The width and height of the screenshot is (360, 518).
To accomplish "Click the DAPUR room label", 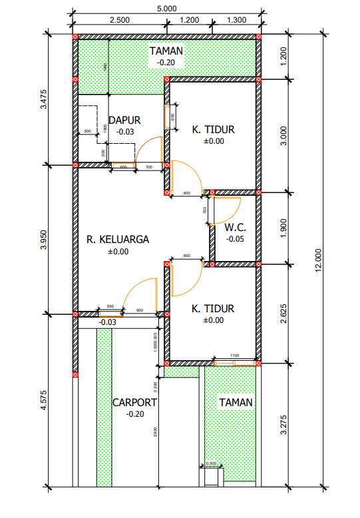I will point(124,121).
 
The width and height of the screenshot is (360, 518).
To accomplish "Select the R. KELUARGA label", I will point(118,239).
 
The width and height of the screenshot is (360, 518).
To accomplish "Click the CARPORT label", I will point(134,403).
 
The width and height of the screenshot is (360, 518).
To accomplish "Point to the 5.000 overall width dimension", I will point(166,8).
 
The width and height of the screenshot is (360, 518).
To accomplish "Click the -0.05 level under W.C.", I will point(235,238).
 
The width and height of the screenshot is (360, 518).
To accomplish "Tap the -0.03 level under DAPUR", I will point(124,132).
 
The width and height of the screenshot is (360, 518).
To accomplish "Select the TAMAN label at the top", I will point(166,51).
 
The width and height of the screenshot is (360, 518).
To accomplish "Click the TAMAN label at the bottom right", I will point(236,402).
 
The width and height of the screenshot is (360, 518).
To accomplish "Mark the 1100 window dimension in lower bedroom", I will point(235,356).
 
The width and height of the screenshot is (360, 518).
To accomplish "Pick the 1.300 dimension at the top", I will point(236,20).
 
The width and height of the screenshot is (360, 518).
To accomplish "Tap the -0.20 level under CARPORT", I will point(134,414).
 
